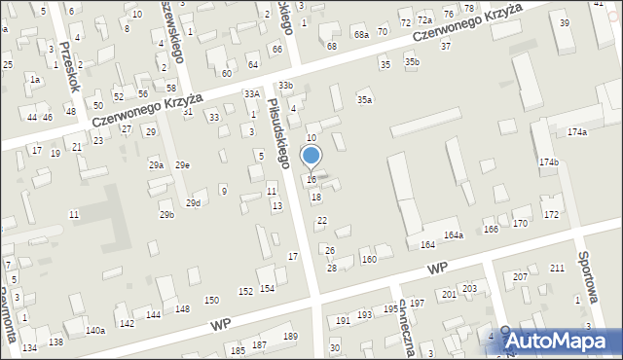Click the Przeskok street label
pyautogui.click(x=68, y=65)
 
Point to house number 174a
pyautogui.click(x=577, y=131)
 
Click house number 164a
pyautogui.click(x=454, y=235)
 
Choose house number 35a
pyautogui.click(x=364, y=99)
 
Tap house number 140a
pyautogui.click(x=94, y=331)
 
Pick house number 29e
pyautogui.click(x=182, y=165)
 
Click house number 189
pyautogui.click(x=290, y=336)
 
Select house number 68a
pyautogui.click(x=361, y=34)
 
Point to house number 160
pyautogui.click(x=369, y=259)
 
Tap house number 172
pyautogui.click(x=552, y=213)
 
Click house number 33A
pyautogui.click(x=251, y=93)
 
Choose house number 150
pyautogui.click(x=211, y=300)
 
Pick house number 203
pyautogui.click(x=469, y=288)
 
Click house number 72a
pyautogui.click(x=424, y=19)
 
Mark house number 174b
pyautogui.click(x=549, y=162)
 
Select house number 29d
pyautogui.click(x=194, y=202)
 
